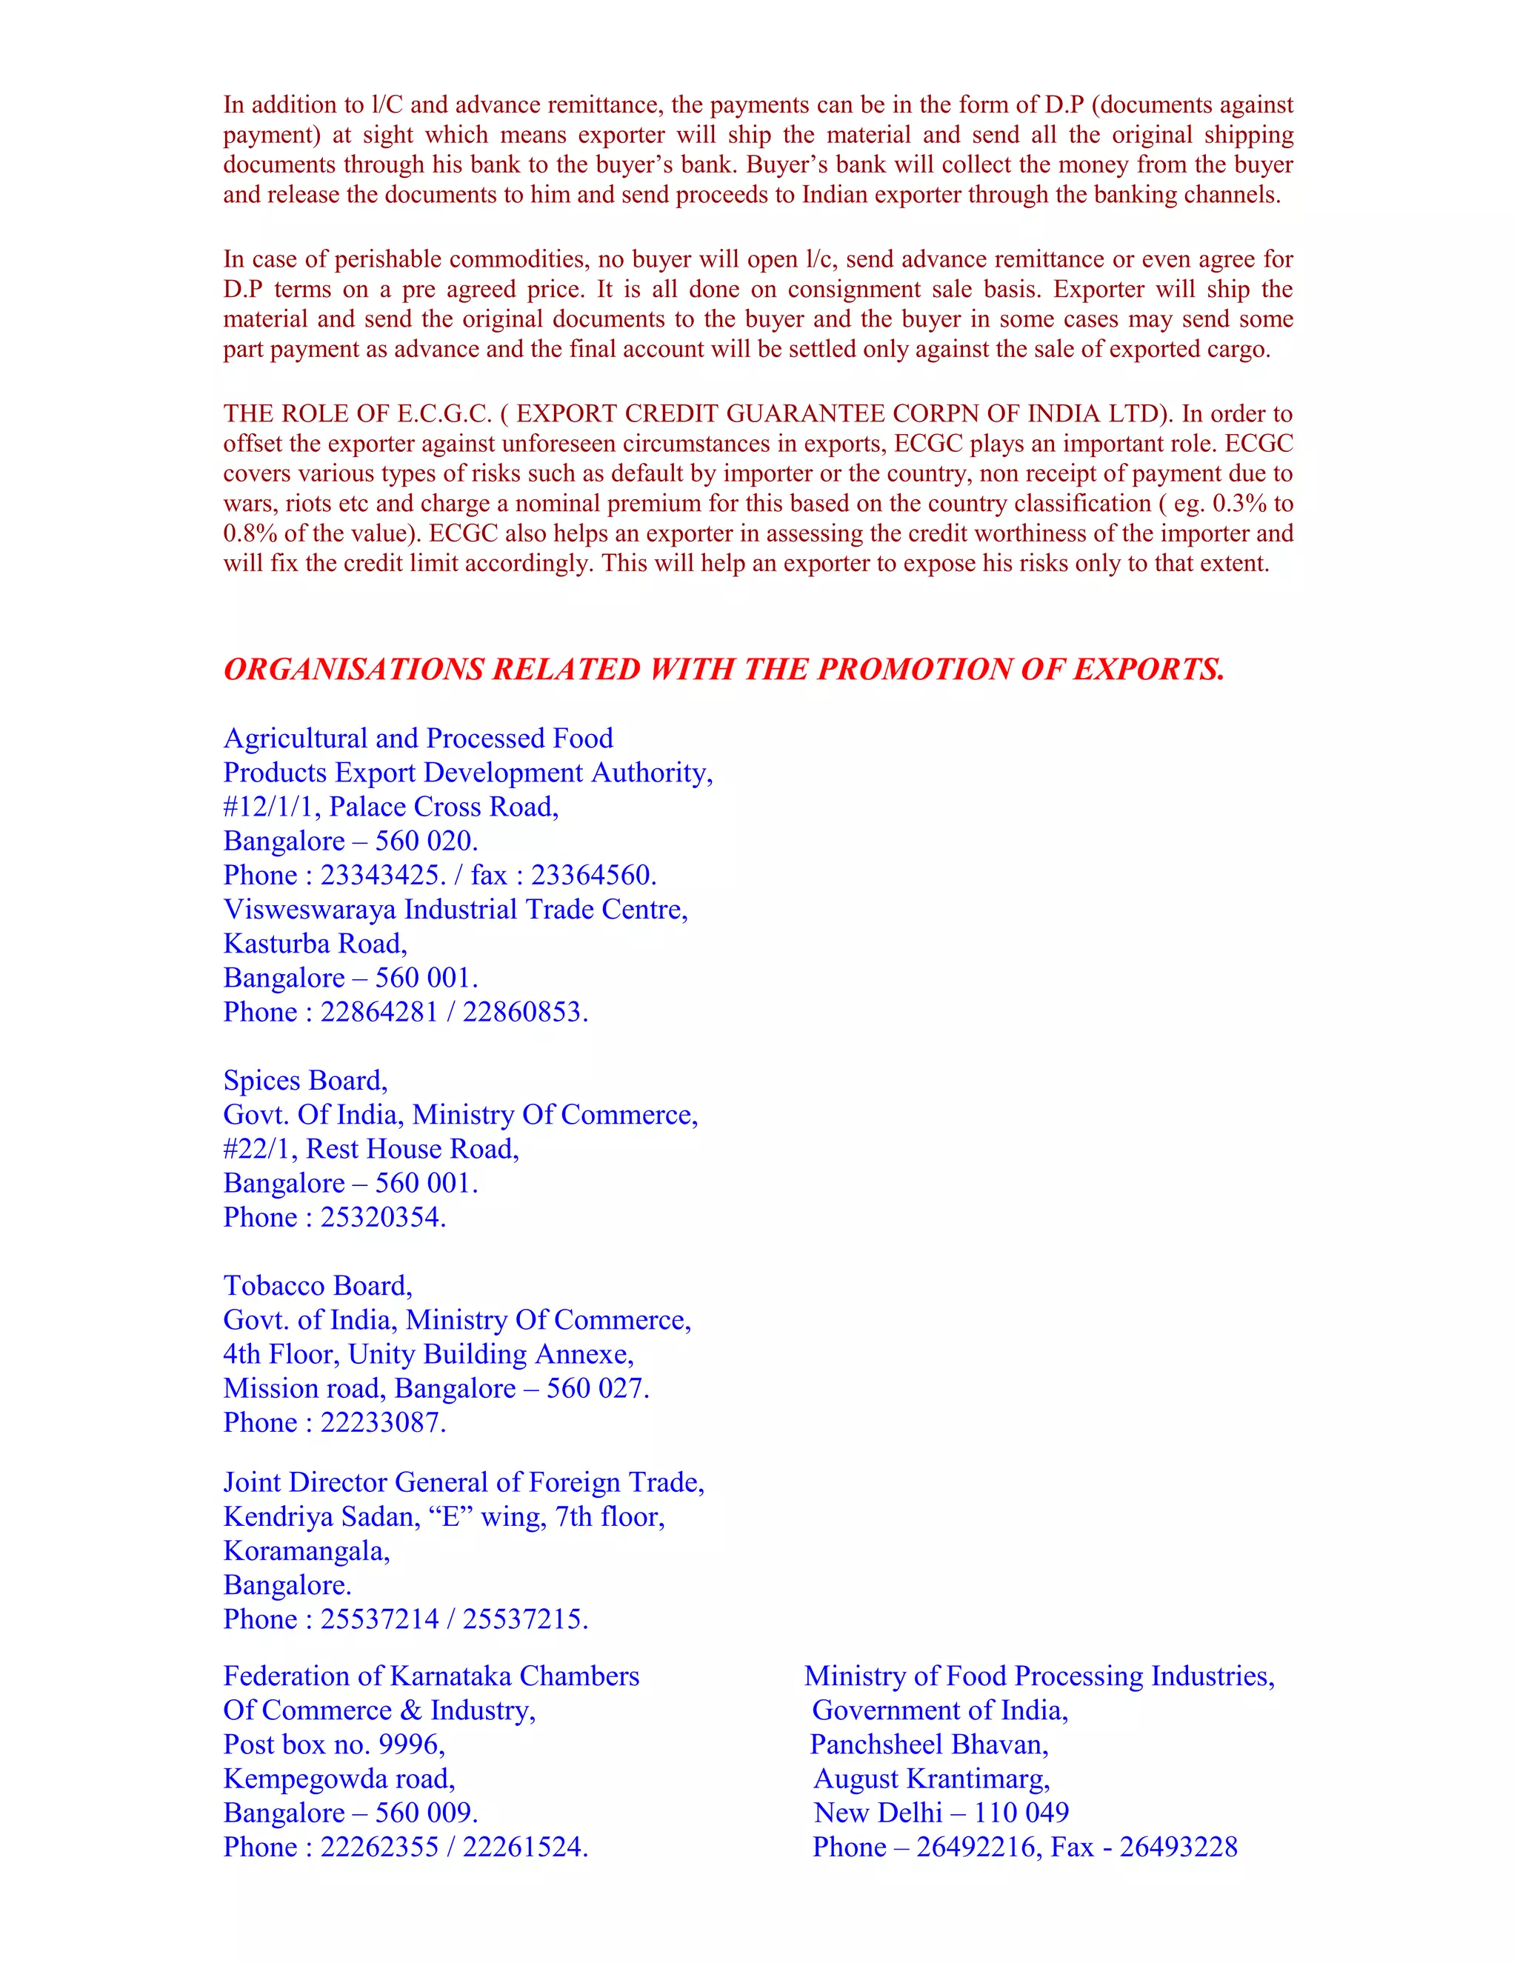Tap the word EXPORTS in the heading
(x=1149, y=670)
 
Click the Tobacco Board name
(x=316, y=1286)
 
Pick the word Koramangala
(x=306, y=1551)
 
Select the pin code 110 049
(x=1021, y=1813)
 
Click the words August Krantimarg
(x=931, y=1779)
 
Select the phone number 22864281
(x=379, y=1012)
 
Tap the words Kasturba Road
(x=315, y=944)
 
